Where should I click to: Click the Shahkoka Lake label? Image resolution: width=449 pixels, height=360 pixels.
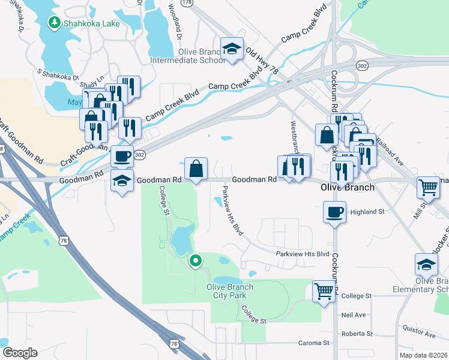(94, 23)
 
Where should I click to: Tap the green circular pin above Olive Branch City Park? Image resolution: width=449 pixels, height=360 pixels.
(195, 261)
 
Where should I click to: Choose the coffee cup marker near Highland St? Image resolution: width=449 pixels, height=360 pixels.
(334, 211)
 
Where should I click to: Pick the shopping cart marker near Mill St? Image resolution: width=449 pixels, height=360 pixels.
(429, 188)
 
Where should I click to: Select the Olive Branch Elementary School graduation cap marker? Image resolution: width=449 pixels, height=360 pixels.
(426, 264)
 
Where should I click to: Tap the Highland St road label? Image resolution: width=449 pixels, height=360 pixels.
(367, 212)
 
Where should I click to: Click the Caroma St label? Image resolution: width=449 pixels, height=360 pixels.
(315, 343)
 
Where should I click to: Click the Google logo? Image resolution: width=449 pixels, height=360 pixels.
(20, 353)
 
